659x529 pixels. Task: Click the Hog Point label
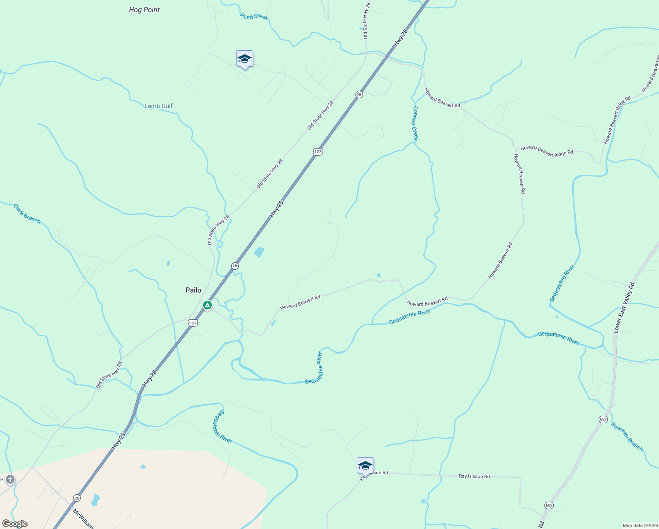click(144, 10)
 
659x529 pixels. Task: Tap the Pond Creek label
click(254, 17)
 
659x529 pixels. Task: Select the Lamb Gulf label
click(159, 106)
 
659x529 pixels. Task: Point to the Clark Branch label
click(27, 214)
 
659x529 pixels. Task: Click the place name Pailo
click(193, 290)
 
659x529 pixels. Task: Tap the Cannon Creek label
click(415, 123)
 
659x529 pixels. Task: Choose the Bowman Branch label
click(627, 436)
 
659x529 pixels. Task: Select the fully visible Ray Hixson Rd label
click(474, 477)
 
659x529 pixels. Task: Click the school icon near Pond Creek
click(244, 59)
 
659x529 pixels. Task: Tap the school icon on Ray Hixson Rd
click(365, 466)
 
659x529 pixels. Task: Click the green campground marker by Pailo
click(207, 305)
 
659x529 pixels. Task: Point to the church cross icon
click(10, 479)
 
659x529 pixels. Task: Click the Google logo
click(15, 524)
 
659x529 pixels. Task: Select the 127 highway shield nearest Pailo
click(193, 323)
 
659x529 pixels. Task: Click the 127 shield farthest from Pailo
click(318, 152)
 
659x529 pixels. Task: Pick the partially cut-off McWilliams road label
click(84, 519)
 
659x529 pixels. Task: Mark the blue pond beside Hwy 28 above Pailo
click(259, 252)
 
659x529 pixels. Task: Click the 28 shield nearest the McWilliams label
click(77, 497)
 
